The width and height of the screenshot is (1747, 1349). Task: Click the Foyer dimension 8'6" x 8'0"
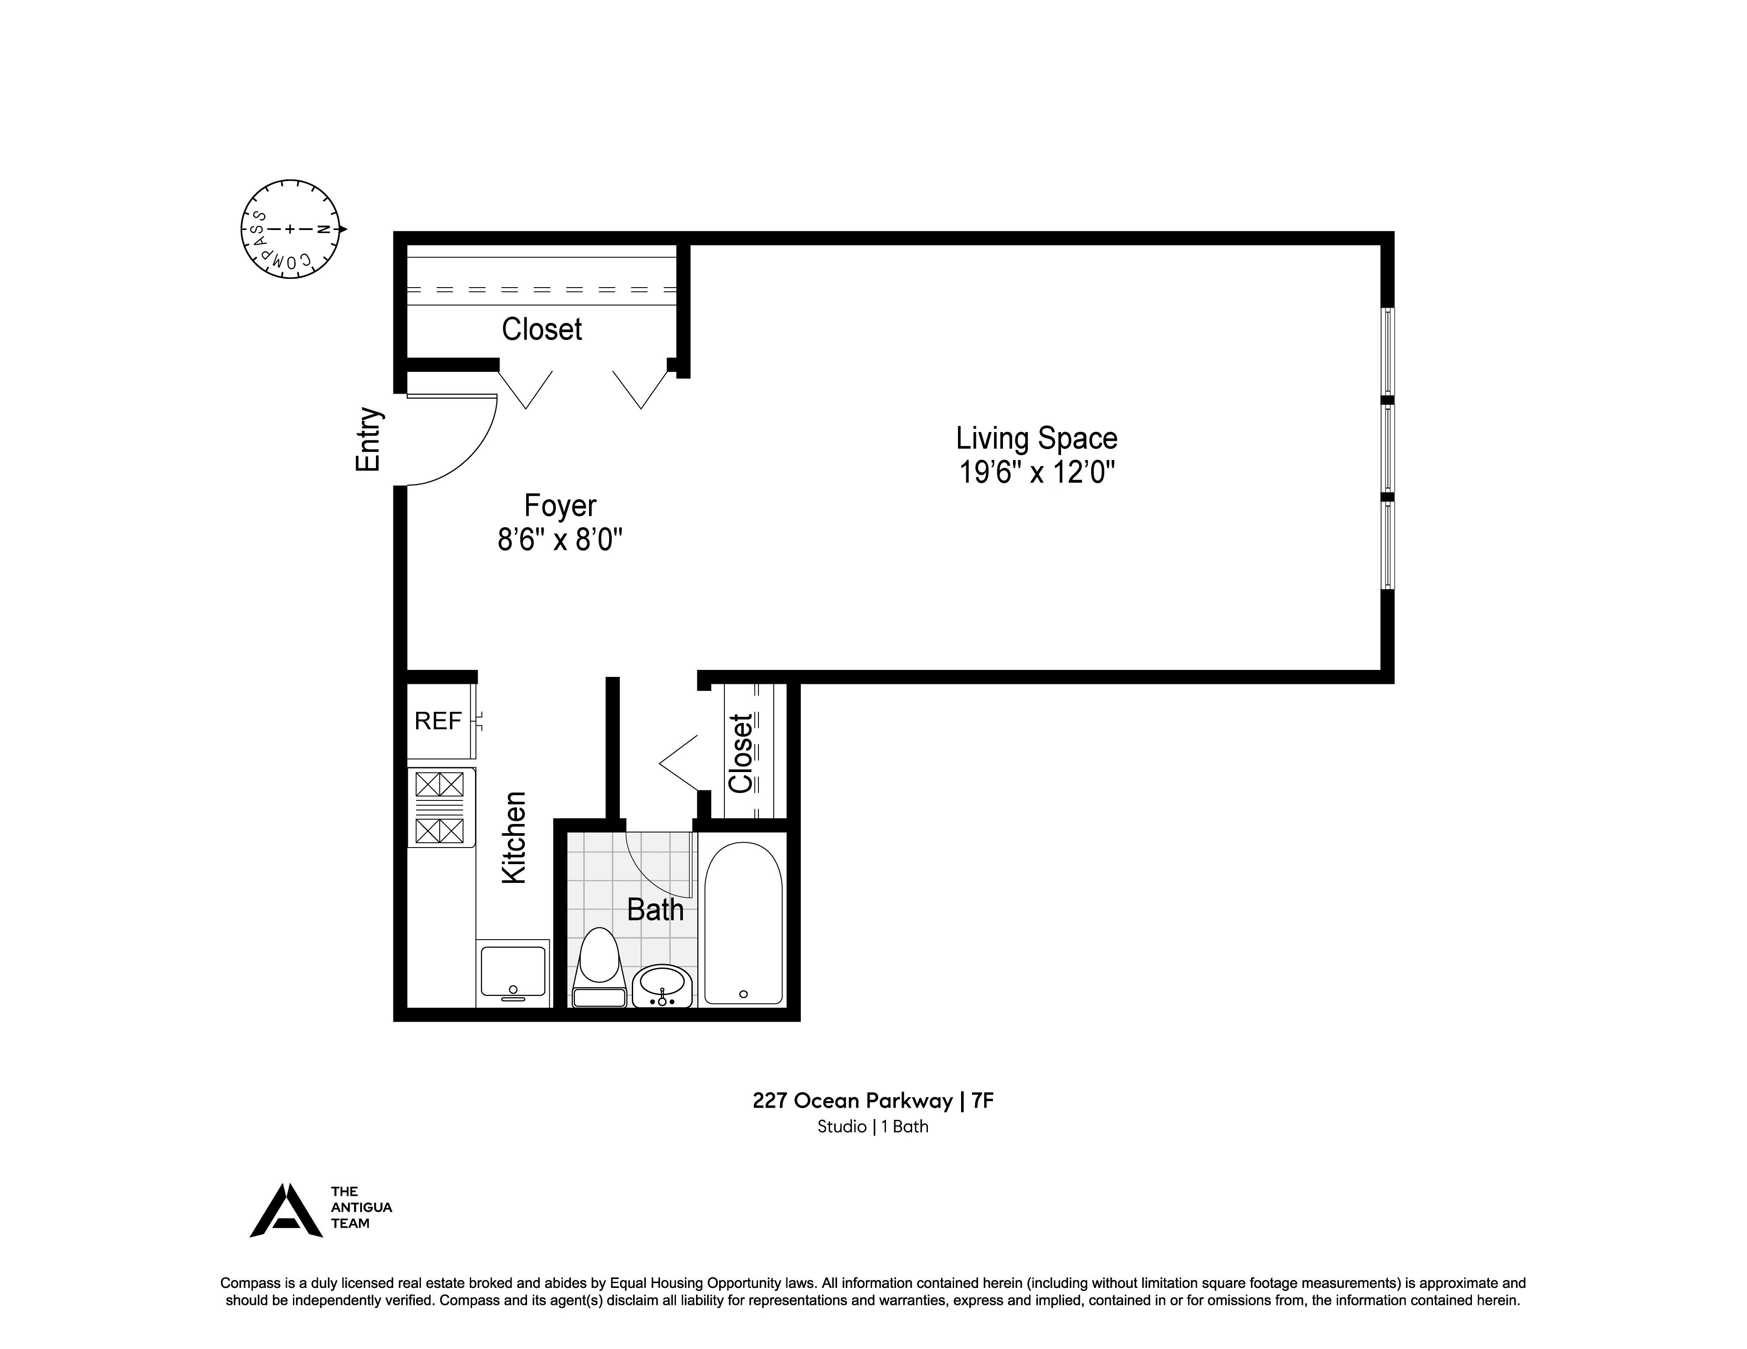(560, 541)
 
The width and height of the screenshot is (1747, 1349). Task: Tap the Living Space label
(1037, 438)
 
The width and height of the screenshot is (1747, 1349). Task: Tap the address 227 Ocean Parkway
(852, 1101)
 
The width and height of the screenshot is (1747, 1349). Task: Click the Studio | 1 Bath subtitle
(873, 1127)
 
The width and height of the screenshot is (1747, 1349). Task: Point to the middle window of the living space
(1388, 448)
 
